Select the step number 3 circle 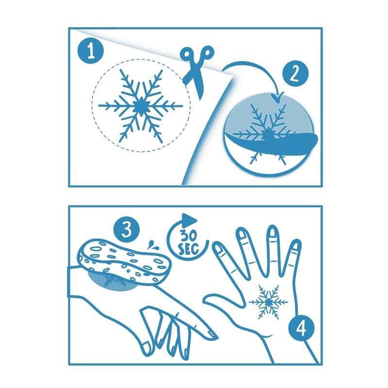pyautogui.click(x=126, y=230)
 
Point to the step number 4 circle pyautogui.click(x=302, y=329)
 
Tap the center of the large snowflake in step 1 pyautogui.click(x=141, y=106)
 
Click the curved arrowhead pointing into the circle pyautogui.click(x=278, y=98)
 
